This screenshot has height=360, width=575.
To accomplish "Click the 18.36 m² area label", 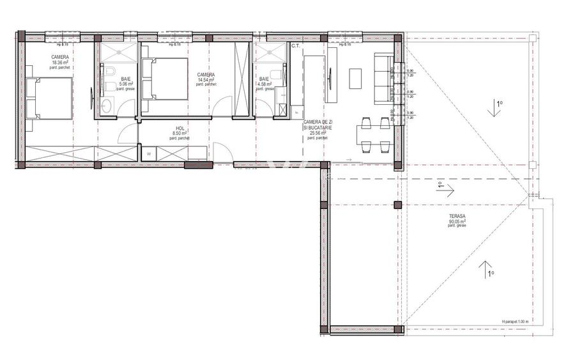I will point(60,62).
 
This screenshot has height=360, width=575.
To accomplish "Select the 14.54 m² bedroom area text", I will point(206,79).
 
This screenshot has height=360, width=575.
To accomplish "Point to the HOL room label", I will point(180,129).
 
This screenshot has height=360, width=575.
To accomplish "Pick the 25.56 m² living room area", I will point(318,132).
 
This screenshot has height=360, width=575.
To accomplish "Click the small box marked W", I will point(148,153).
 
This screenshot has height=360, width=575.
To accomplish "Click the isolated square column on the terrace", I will point(397,205).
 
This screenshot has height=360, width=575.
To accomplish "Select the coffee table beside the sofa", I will point(356,78).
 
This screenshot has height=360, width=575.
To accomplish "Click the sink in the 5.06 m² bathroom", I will point(107,105).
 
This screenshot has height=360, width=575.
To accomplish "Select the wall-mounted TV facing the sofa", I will point(330,79).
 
